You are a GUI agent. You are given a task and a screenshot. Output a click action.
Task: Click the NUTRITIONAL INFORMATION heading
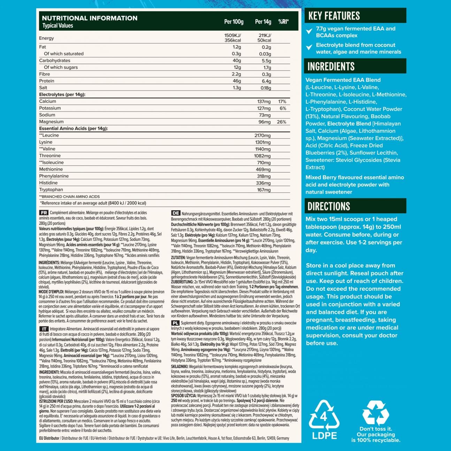pyautogui.click(x=90, y=18)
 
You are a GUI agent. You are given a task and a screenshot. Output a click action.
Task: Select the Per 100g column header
pyautogui.click(x=234, y=22)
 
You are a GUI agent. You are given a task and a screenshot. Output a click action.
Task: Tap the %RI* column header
pyautogui.click(x=283, y=22)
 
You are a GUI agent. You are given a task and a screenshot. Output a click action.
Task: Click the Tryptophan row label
pyautogui.click(x=51, y=190)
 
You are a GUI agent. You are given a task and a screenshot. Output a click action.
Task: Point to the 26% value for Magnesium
pyautogui.click(x=281, y=122)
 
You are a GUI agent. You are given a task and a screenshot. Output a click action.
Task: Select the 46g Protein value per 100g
pyautogui.click(x=237, y=81)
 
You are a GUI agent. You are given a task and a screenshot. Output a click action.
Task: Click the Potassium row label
pyautogui.click(x=50, y=108)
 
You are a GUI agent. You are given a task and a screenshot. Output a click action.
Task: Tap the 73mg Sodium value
pyautogui.click(x=265, y=115)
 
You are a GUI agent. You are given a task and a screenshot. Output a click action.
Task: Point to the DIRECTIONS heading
pyautogui.click(x=329, y=206)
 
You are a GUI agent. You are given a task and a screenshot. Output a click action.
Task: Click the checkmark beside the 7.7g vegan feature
pyautogui.click(x=309, y=31)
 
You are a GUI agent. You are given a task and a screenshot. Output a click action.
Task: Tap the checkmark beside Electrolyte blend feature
pyautogui.click(x=309, y=47)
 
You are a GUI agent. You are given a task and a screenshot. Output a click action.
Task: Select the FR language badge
pyautogui.click(x=44, y=213)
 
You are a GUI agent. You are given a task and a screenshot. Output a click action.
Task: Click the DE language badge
pyautogui.click(x=176, y=213)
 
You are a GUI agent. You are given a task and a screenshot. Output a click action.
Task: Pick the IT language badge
pyautogui.click(x=44, y=329)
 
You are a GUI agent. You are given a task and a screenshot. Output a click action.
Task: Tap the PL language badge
pyautogui.click(x=175, y=323)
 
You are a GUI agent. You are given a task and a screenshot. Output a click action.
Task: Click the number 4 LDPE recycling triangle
pyautogui.click(x=324, y=415)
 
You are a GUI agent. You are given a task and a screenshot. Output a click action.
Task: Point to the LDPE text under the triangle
pyautogui.click(x=324, y=435)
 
